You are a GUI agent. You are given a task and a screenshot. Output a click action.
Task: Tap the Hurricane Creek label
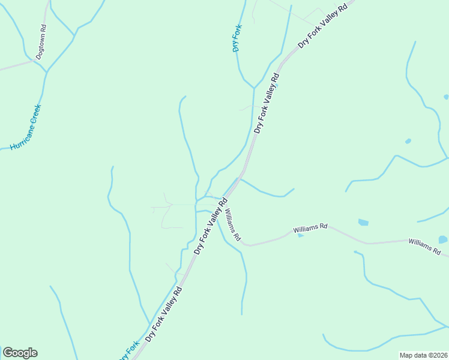pos(25,127)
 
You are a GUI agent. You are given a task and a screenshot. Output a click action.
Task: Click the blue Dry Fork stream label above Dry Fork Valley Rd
pos(237,38)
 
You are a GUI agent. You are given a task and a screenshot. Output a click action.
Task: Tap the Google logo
pos(20,353)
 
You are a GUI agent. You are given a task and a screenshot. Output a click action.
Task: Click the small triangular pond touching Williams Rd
pos(301,235)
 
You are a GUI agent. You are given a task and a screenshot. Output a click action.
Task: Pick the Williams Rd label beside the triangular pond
pos(310,228)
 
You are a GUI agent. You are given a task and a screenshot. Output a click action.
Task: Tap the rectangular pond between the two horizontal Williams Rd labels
pos(363,223)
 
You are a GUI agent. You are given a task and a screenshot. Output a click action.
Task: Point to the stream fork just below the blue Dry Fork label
pos(254,88)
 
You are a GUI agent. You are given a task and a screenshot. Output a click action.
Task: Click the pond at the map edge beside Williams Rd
pos(443,239)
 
